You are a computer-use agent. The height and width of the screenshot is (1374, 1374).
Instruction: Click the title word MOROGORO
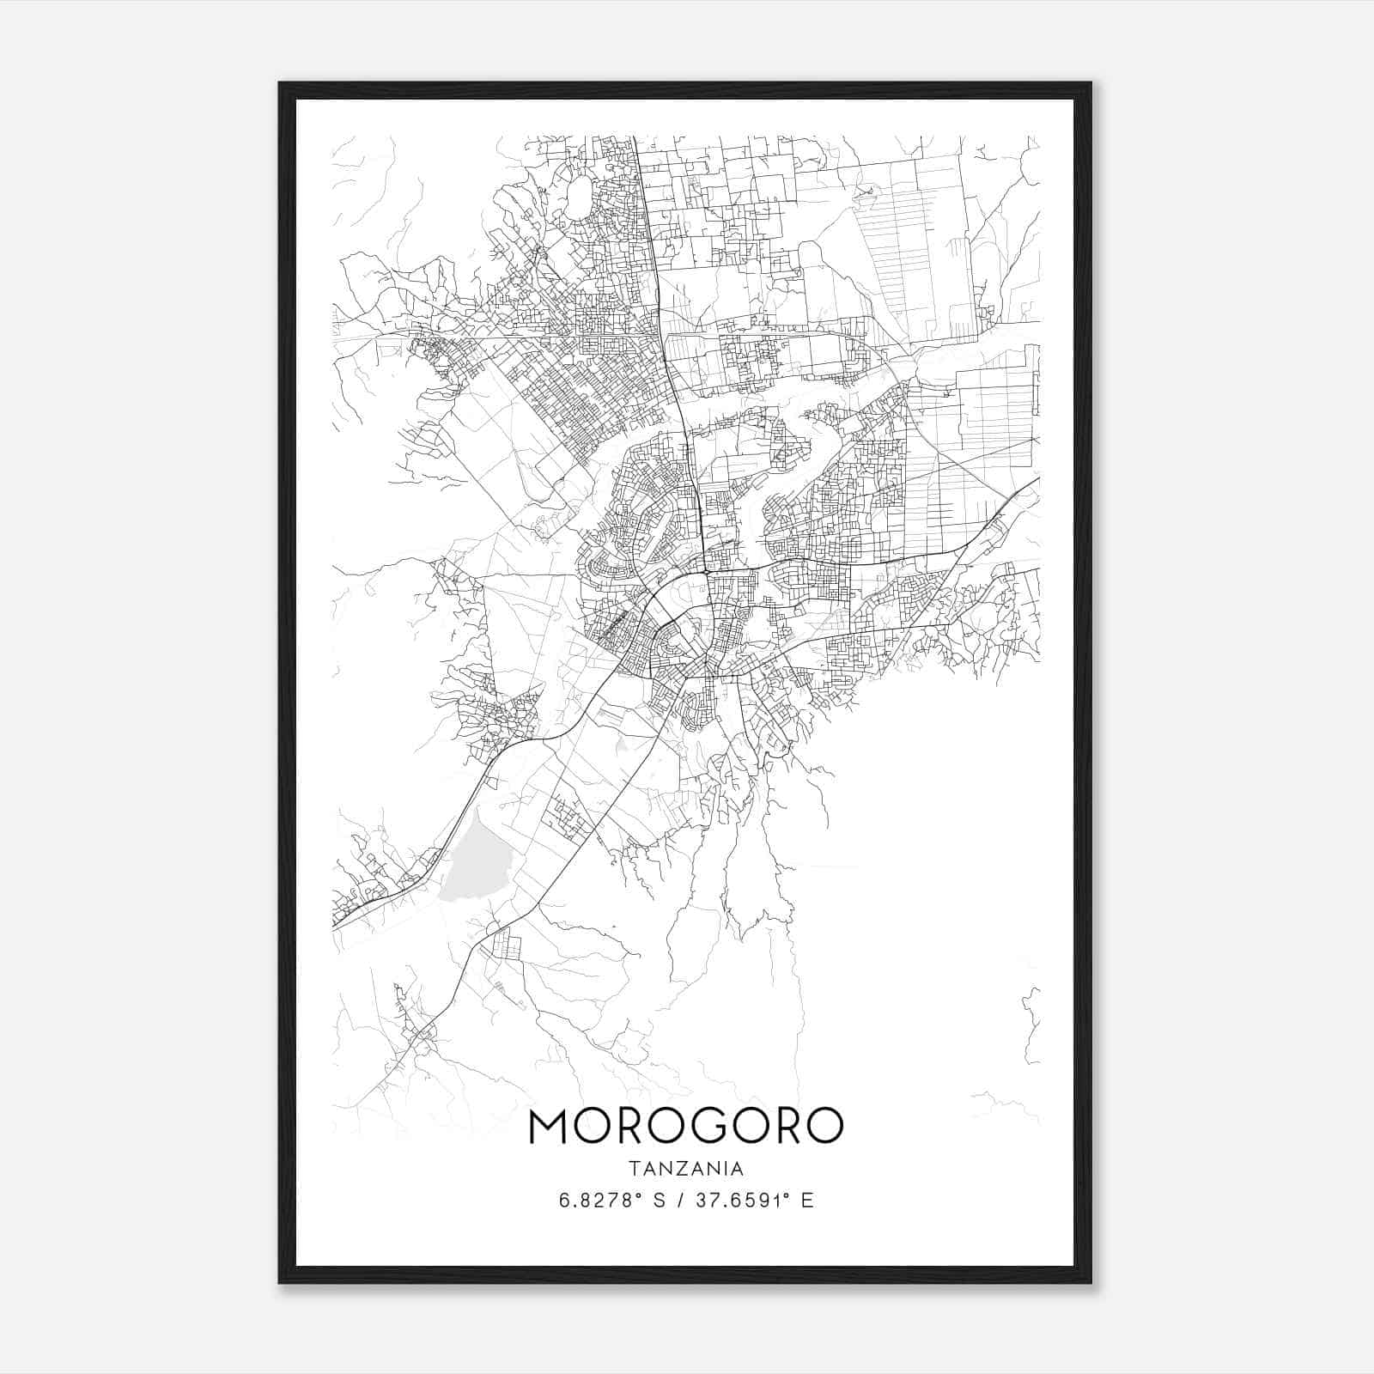(686, 1126)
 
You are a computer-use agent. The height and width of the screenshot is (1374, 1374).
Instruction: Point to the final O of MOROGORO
(821, 1126)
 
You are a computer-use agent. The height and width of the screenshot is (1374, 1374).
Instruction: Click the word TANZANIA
(686, 1169)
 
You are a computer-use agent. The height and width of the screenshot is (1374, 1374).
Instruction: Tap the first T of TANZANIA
(634, 1169)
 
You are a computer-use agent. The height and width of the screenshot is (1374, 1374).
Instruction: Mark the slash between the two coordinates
(682, 1200)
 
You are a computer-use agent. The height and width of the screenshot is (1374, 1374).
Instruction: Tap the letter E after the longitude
(807, 1200)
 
